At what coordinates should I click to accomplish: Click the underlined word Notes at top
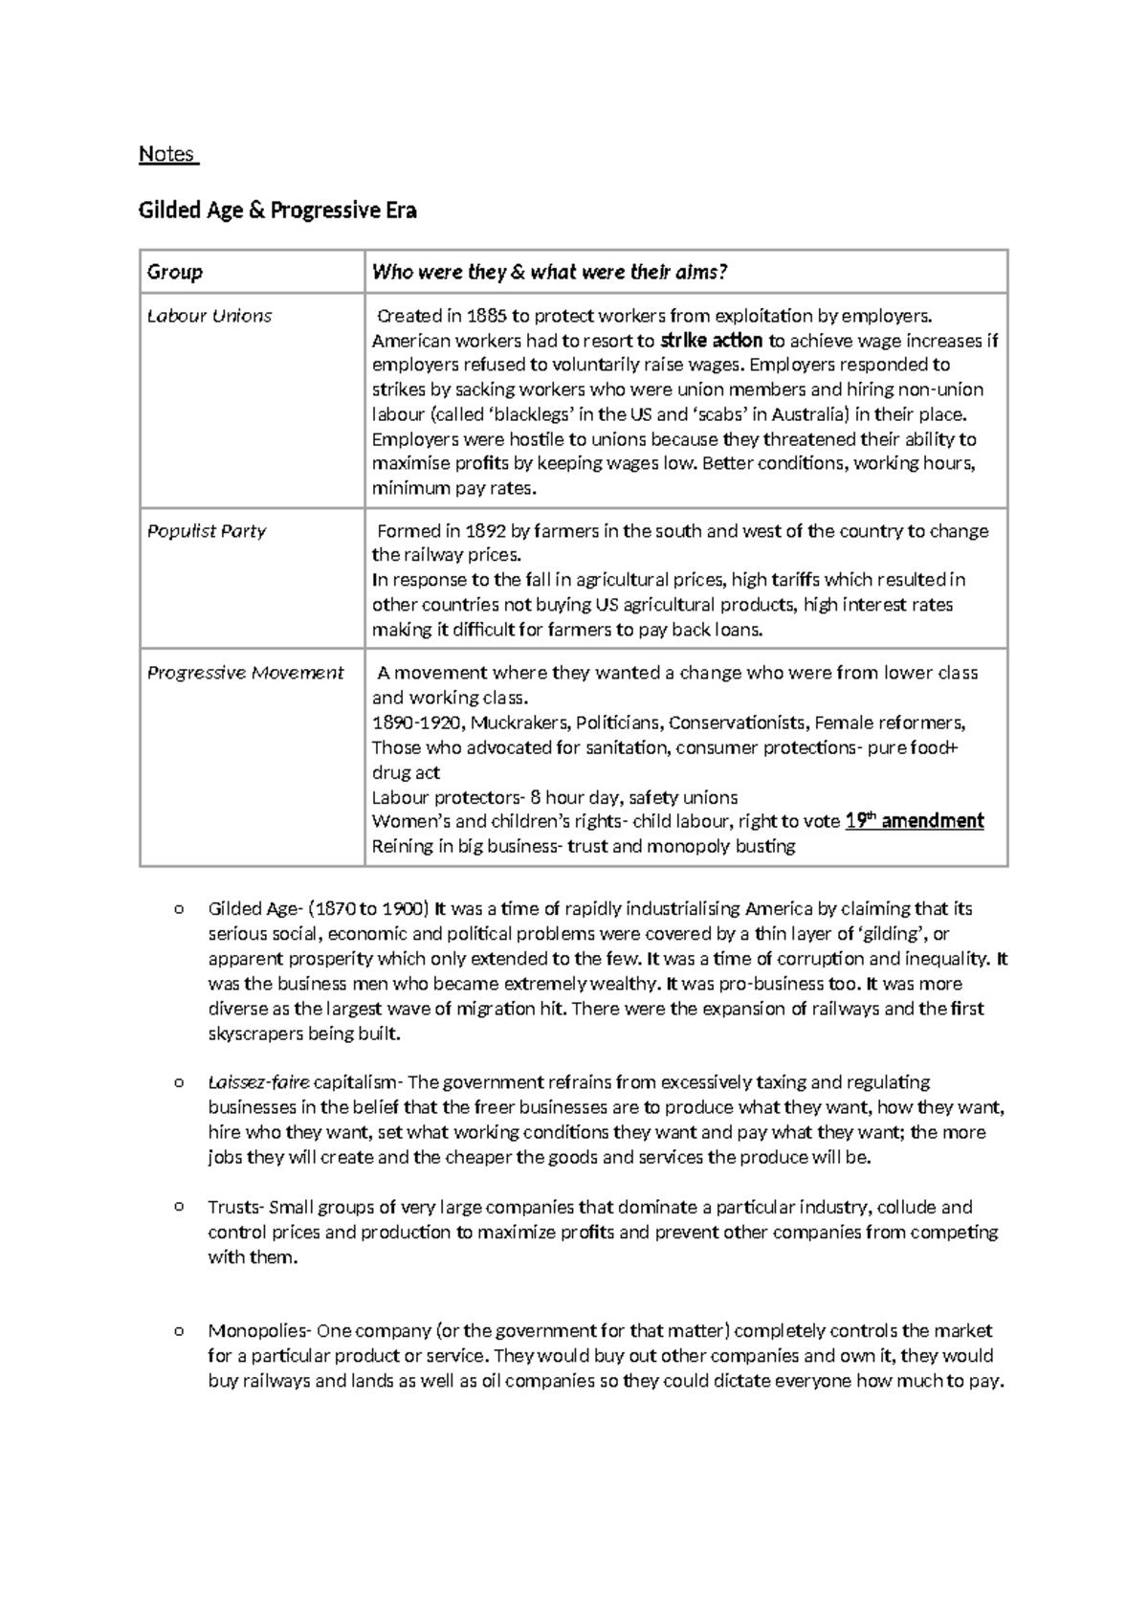(x=167, y=154)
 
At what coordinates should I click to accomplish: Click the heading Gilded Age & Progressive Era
(x=277, y=211)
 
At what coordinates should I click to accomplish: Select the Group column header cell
(x=175, y=272)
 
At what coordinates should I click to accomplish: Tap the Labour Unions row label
(x=210, y=316)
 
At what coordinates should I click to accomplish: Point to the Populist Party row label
(x=207, y=531)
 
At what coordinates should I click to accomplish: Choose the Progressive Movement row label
(x=245, y=673)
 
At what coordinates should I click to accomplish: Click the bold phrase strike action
(x=712, y=341)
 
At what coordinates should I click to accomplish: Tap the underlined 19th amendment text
(x=915, y=821)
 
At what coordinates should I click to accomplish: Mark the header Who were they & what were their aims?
(x=550, y=272)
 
